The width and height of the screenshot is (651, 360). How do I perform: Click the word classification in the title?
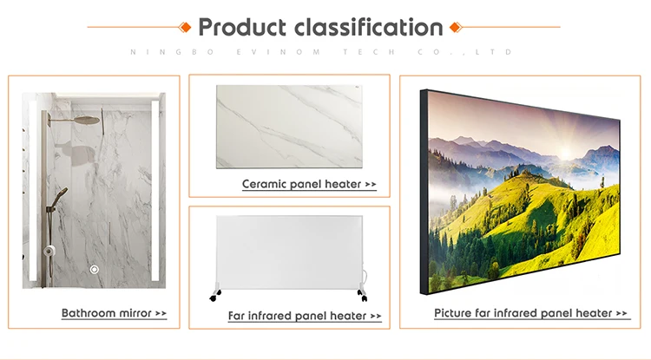(x=370, y=27)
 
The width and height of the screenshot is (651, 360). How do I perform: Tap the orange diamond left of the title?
(x=185, y=26)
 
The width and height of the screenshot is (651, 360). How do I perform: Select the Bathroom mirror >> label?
(x=114, y=312)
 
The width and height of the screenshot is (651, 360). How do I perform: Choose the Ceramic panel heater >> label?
(x=309, y=184)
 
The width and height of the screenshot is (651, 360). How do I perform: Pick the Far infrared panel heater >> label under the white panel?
(x=304, y=316)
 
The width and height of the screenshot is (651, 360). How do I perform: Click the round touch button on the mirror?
(x=95, y=270)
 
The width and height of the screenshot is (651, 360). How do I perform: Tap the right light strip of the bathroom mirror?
(x=155, y=191)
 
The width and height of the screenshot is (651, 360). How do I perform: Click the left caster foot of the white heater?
(x=214, y=296)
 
